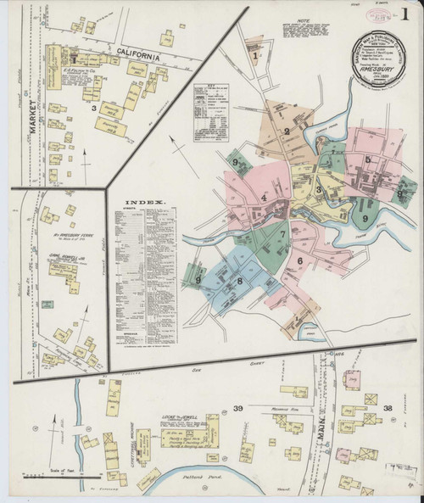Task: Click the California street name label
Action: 132,57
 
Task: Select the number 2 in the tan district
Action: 287,131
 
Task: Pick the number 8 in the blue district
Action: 240,282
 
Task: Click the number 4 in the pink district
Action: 264,198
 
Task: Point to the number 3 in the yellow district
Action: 319,190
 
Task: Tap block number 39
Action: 238,409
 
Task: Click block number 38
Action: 387,409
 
